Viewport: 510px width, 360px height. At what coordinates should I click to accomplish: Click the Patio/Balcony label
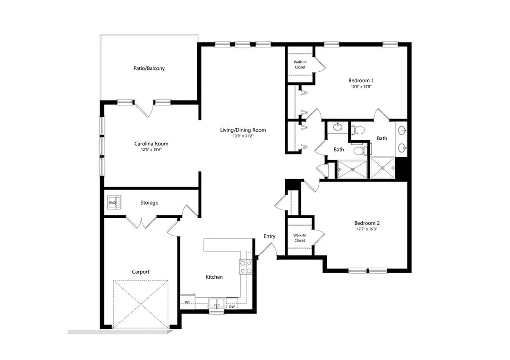(x=149, y=69)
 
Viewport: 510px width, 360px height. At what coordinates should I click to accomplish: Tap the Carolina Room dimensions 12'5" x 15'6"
(x=151, y=150)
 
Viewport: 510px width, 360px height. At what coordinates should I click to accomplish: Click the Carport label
(x=141, y=272)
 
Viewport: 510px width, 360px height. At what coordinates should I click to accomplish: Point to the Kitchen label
(x=214, y=277)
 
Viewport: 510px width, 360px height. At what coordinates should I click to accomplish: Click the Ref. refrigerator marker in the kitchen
(x=187, y=302)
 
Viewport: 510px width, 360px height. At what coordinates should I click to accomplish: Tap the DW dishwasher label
(x=232, y=307)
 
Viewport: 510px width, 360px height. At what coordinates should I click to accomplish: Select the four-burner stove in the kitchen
(x=246, y=267)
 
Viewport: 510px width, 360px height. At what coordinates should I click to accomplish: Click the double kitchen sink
(x=217, y=303)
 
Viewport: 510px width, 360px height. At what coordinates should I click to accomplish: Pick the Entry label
(x=270, y=236)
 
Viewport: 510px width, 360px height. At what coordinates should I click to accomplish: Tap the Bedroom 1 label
(x=361, y=80)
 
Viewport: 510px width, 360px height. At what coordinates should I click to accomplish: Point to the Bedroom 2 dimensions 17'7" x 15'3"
(x=367, y=229)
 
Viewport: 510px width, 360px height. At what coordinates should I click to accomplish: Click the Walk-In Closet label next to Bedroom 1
(x=300, y=64)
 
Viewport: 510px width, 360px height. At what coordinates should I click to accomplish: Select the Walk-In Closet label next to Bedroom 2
(x=299, y=238)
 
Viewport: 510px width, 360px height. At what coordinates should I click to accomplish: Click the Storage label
(x=149, y=203)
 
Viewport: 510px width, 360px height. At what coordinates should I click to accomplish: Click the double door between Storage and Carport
(x=140, y=222)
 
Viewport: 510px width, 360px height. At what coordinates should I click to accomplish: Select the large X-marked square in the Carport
(x=141, y=303)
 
